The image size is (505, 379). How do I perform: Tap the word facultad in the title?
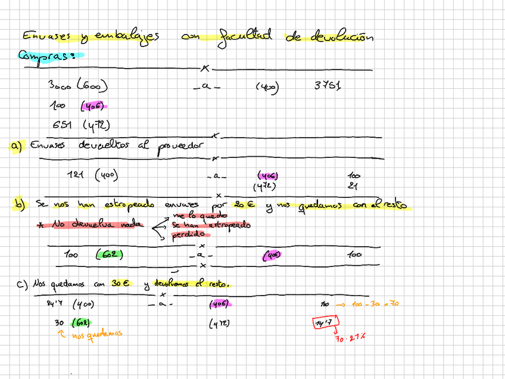245,36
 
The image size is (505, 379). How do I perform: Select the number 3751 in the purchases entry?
327,86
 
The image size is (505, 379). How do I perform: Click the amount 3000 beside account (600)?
60,86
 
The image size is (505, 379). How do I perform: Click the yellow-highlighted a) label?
15,145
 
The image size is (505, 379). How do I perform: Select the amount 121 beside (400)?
77,175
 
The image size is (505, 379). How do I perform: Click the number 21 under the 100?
354,186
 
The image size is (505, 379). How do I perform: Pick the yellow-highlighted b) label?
19,204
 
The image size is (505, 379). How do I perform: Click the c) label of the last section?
23,284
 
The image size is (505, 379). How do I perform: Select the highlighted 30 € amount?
120,284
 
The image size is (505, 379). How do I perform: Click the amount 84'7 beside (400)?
55,305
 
